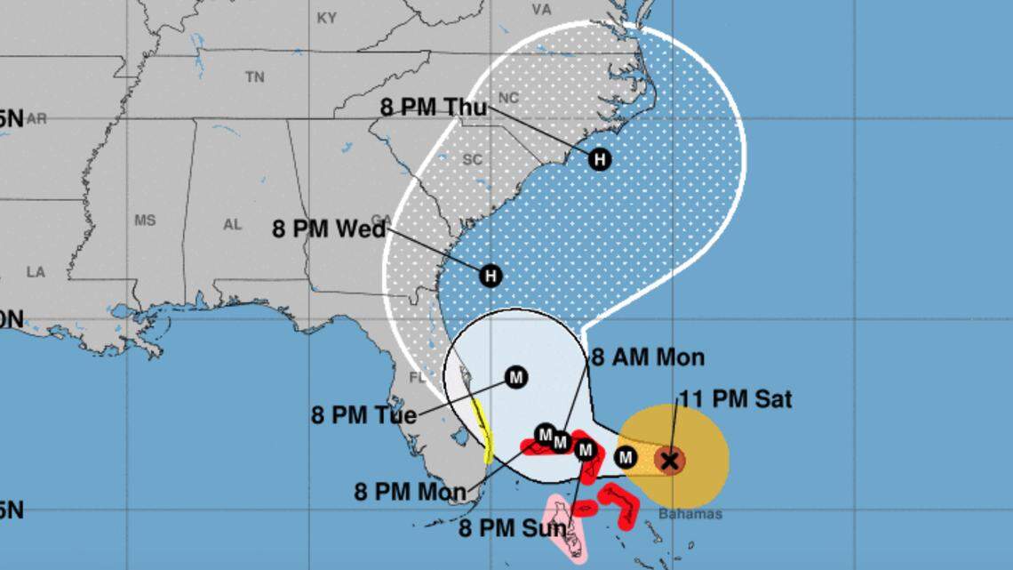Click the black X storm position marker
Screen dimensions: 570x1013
pyautogui.click(x=670, y=460)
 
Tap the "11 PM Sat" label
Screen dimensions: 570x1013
pyautogui.click(x=735, y=399)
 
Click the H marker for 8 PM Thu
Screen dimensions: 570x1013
pyautogui.click(x=601, y=159)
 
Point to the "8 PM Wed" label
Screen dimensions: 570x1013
pyautogui.click(x=329, y=229)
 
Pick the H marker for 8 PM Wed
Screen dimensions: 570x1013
pyautogui.click(x=491, y=276)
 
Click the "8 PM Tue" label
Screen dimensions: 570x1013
pyautogui.click(x=363, y=415)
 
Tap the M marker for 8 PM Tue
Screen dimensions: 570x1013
pyautogui.click(x=515, y=378)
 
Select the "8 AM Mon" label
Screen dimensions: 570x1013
pyautogui.click(x=648, y=357)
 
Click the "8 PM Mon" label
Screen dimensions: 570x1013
pyautogui.click(x=410, y=492)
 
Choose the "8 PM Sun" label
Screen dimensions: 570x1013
pyautogui.click(x=513, y=529)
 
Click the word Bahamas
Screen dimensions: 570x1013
pyautogui.click(x=690, y=514)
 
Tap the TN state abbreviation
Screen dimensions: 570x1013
pyautogui.click(x=255, y=77)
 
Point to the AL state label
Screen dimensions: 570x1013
pyautogui.click(x=232, y=225)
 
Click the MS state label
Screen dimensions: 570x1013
pyautogui.click(x=145, y=220)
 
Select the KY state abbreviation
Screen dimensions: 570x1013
pyautogui.click(x=326, y=18)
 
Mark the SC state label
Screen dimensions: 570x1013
pyautogui.click(x=470, y=159)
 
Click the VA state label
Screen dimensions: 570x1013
pyautogui.click(x=541, y=9)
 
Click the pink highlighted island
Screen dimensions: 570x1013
pyautogui.click(x=568, y=529)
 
